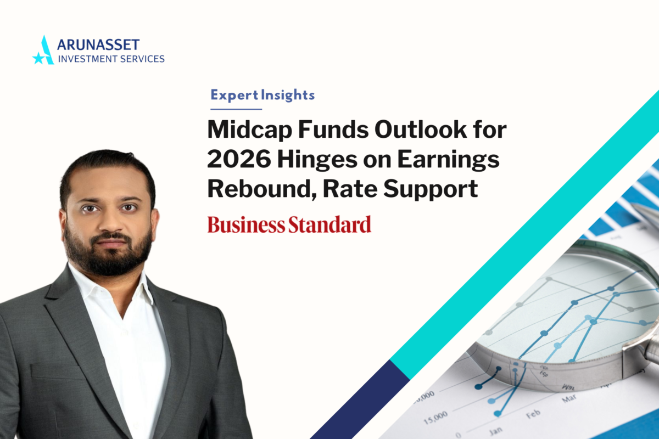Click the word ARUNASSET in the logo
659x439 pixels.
(98, 45)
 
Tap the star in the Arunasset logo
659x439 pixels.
(38, 58)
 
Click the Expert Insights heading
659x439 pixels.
(263, 95)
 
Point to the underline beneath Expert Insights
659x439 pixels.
(236, 109)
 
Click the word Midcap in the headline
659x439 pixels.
(249, 130)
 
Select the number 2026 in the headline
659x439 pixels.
(239, 159)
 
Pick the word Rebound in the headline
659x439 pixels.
(262, 189)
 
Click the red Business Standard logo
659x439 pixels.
(289, 224)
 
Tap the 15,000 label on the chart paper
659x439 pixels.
(435, 418)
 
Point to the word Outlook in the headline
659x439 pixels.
(421, 130)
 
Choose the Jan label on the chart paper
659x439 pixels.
(496, 431)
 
